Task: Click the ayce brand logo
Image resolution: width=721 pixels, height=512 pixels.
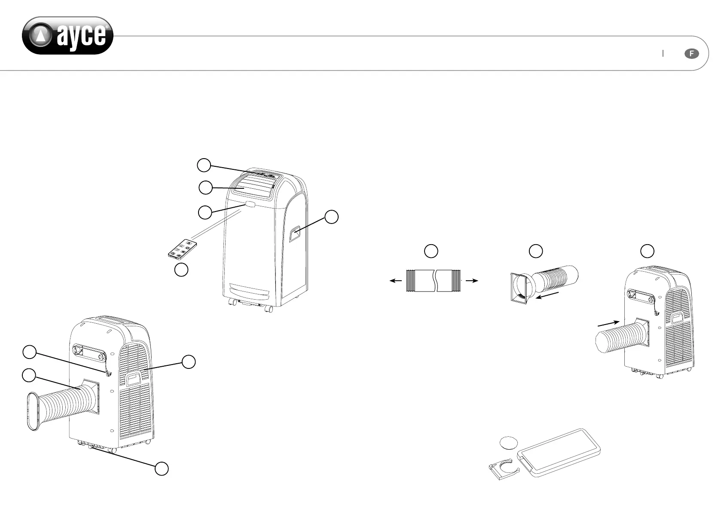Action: tap(67, 36)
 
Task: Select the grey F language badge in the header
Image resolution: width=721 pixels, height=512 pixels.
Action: tap(691, 54)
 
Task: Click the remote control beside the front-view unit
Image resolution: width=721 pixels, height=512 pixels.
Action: tap(182, 249)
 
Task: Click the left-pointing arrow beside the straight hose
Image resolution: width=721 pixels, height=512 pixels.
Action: tap(395, 281)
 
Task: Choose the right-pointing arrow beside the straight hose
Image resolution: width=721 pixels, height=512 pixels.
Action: tap(472, 281)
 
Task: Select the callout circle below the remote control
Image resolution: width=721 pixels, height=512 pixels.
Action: tap(181, 270)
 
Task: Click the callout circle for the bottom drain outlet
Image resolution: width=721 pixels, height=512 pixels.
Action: tap(162, 469)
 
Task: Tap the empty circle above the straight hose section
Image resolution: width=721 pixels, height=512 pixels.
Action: tap(431, 251)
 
